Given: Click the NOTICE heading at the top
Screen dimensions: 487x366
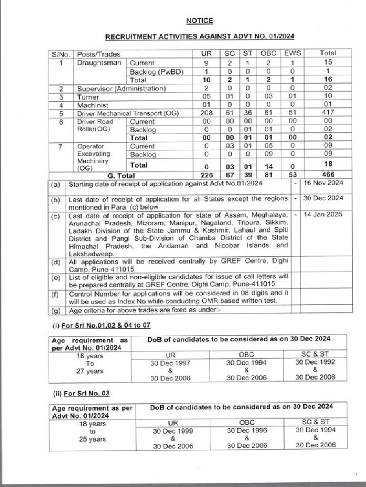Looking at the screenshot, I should pos(199,21).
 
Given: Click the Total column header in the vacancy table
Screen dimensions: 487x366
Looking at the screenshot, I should pos(328,53).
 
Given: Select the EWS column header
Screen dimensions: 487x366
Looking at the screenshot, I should pos(292,53).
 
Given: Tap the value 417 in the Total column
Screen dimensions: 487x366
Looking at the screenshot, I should pos(328,113).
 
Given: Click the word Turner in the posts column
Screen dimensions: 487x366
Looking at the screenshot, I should pos(88,97).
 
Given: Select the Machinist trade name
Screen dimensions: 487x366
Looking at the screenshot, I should pos(93,105).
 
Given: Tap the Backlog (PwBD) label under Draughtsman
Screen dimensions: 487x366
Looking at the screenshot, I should pos(157,72).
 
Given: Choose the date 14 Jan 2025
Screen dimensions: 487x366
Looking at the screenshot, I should pos(323,214).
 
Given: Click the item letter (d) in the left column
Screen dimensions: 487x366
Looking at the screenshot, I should pos(56,261).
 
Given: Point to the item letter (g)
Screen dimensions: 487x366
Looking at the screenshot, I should pos(56,311).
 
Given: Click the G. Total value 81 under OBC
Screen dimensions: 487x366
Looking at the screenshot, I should pos(268,175).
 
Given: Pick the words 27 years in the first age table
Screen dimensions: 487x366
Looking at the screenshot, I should pos(91,371).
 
